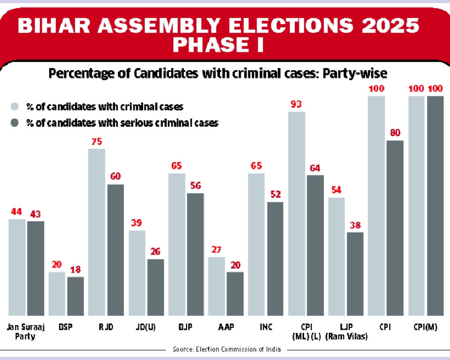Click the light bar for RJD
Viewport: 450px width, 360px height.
97,232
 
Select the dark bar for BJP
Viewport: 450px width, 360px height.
195,254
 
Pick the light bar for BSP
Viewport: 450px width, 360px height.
57,293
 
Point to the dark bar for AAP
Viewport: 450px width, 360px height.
235,293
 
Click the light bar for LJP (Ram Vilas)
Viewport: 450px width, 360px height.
336,256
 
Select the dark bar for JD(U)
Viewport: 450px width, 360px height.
155,287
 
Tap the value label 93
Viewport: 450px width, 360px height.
296,105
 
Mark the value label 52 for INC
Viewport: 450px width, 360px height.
275,195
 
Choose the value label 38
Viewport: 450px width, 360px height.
355,225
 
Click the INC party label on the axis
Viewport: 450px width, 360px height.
265,326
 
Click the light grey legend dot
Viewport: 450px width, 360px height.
15,107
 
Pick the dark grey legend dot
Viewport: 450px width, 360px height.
15,123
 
